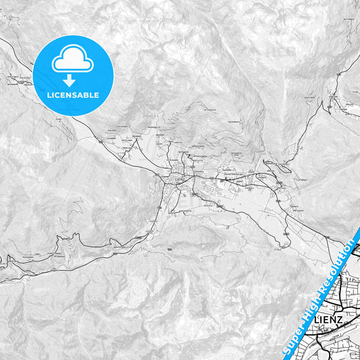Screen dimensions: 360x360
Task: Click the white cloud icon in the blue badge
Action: click(72, 61)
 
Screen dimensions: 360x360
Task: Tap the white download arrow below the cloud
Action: click(72, 80)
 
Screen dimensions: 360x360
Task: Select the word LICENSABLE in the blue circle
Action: click(72, 95)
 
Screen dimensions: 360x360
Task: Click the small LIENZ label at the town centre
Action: click(178, 180)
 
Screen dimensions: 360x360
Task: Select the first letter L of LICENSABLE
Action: click(49, 95)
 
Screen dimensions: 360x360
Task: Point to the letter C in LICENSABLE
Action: click(57, 95)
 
